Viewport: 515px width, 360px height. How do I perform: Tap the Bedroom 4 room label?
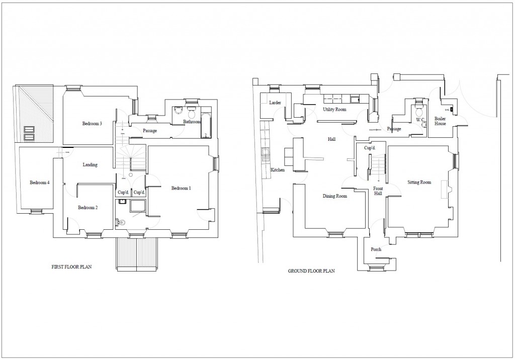click(x=39, y=182)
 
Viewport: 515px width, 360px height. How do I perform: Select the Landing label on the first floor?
click(x=90, y=164)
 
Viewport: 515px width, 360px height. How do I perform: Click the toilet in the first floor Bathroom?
click(x=191, y=111)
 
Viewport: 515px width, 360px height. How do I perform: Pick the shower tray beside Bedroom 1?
click(x=137, y=207)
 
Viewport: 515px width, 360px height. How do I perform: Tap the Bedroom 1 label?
click(x=181, y=188)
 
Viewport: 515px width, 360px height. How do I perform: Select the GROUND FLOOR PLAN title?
click(x=311, y=271)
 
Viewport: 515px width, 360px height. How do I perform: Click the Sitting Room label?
click(x=419, y=182)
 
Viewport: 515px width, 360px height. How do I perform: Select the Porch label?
click(x=376, y=249)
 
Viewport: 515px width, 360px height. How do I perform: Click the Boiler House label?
click(x=440, y=121)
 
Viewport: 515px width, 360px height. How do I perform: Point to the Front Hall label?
click(x=378, y=191)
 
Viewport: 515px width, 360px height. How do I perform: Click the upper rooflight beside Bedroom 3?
click(x=30, y=129)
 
